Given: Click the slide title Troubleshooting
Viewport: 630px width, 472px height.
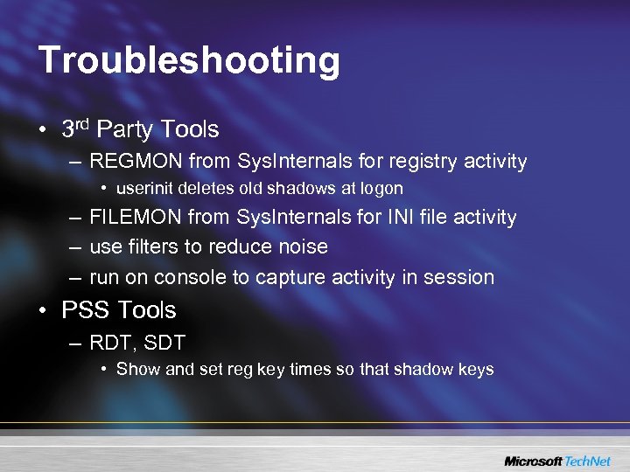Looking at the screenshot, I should point(189,60).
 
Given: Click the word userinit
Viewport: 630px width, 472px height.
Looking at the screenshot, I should point(143,188).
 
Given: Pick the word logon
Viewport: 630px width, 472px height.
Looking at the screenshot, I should point(382,188).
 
